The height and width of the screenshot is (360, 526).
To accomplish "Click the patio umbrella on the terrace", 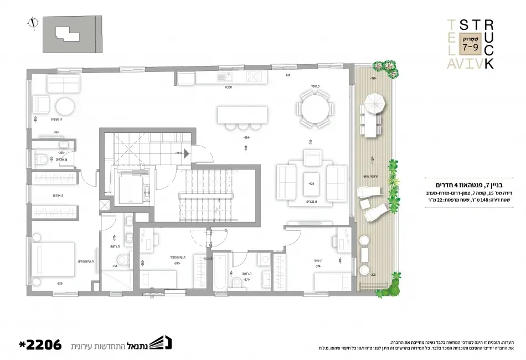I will pos(375,103).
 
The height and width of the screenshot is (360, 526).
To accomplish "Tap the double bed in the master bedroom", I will pos(53,261).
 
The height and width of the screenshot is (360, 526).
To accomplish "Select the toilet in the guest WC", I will pos(41,161).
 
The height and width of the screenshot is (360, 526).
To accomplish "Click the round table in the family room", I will pos(64,106).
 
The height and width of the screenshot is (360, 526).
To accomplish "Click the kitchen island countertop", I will pos(243,115).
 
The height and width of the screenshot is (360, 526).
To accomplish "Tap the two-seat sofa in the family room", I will pos(63,84).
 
